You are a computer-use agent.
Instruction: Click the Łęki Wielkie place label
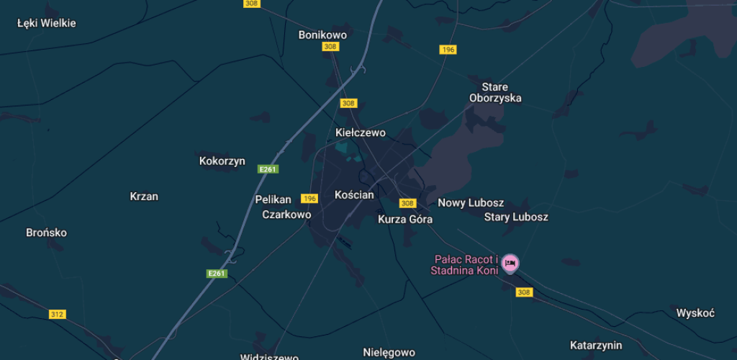47,23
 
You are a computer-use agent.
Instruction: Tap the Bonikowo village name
322,35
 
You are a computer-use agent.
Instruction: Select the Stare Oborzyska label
495,93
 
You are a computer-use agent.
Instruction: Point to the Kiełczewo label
361,132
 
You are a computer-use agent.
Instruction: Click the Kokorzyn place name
222,161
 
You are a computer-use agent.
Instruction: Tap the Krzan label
144,196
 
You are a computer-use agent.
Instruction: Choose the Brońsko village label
46,233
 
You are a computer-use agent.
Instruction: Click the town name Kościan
355,194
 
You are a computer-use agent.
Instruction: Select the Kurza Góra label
405,219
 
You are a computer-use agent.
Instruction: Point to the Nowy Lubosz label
471,203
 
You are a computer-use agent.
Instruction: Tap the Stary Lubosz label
517,217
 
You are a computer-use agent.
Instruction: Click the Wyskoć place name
695,312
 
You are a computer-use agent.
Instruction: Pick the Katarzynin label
596,346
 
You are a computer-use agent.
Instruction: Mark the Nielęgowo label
389,352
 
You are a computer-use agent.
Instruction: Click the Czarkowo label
286,215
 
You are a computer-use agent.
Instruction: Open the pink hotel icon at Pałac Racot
510,263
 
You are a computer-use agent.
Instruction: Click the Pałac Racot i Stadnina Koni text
464,265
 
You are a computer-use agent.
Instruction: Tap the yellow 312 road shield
57,314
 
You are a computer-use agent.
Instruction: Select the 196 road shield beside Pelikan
309,198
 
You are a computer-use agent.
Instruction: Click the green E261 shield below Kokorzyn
268,169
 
